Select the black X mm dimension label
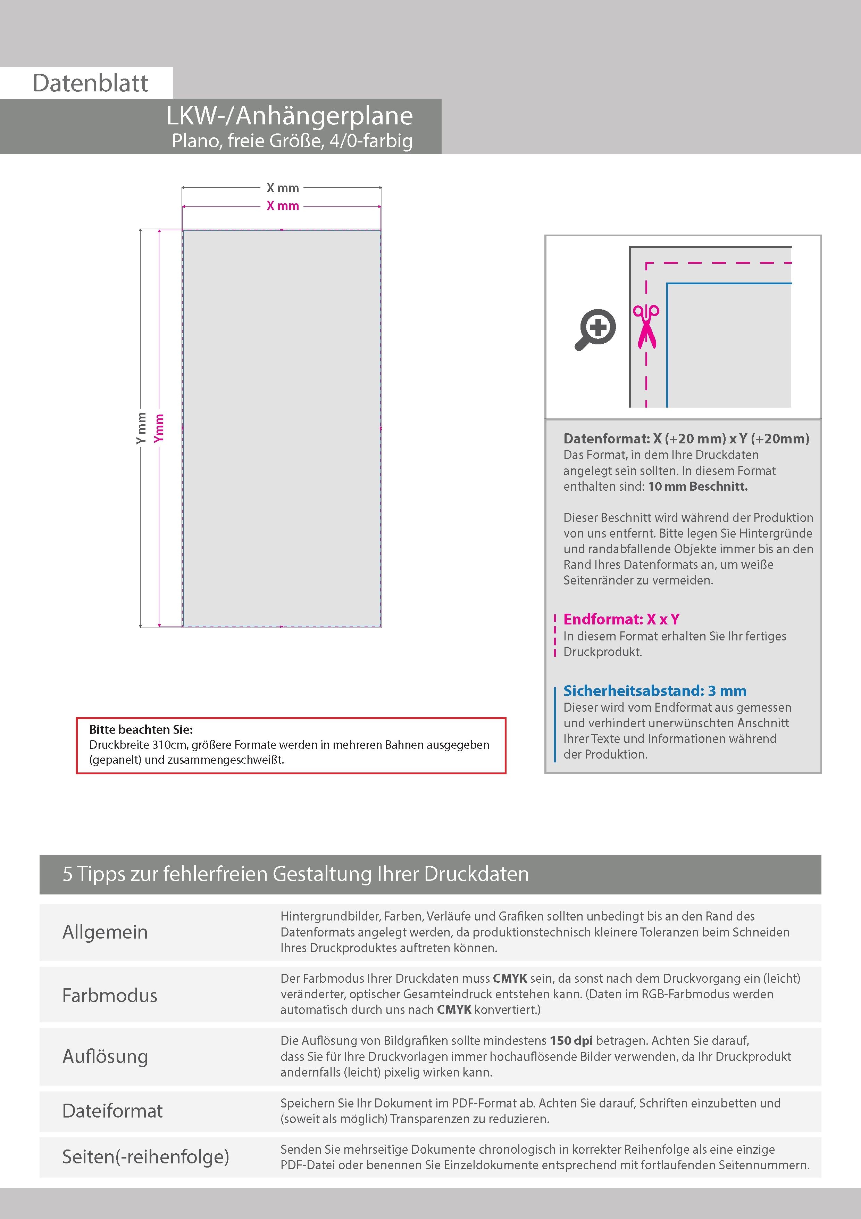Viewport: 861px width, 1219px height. tap(283, 188)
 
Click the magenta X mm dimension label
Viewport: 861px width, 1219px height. tap(283, 206)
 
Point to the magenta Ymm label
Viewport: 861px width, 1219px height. tap(159, 428)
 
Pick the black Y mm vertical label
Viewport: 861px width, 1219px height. tap(141, 428)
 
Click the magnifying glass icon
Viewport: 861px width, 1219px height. tap(595, 329)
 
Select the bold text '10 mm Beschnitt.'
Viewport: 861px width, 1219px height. tap(697, 486)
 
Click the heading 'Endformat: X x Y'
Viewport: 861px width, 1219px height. tap(621, 619)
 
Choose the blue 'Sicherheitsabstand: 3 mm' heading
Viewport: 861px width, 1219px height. tap(655, 691)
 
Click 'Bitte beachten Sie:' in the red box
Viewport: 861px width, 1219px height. tap(141, 729)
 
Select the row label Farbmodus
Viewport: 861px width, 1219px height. tap(110, 996)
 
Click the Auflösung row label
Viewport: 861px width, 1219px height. tap(105, 1056)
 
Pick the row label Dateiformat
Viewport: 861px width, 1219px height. tap(112, 1111)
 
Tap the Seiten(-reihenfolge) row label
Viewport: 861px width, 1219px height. tap(146, 1156)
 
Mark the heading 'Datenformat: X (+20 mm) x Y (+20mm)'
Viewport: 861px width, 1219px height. tap(686, 439)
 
